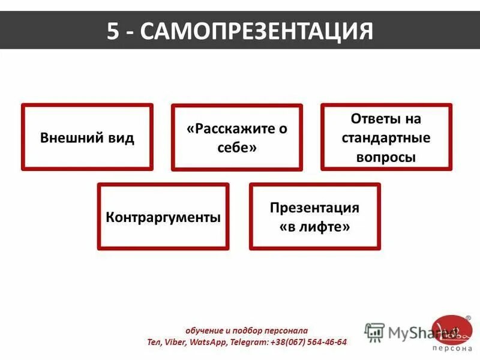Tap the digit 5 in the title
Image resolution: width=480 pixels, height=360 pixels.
(113, 31)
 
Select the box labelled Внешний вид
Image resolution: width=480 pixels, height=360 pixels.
(87, 137)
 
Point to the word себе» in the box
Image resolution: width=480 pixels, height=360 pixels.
(237, 147)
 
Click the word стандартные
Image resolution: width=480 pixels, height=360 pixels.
(386, 137)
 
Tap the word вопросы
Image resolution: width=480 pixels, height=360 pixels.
(386, 157)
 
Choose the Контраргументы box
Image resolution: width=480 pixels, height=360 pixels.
(163, 217)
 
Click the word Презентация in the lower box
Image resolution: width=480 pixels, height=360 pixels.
(314, 208)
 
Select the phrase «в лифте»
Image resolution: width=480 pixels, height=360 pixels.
(314, 227)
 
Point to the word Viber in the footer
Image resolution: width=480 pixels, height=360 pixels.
(175, 342)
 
